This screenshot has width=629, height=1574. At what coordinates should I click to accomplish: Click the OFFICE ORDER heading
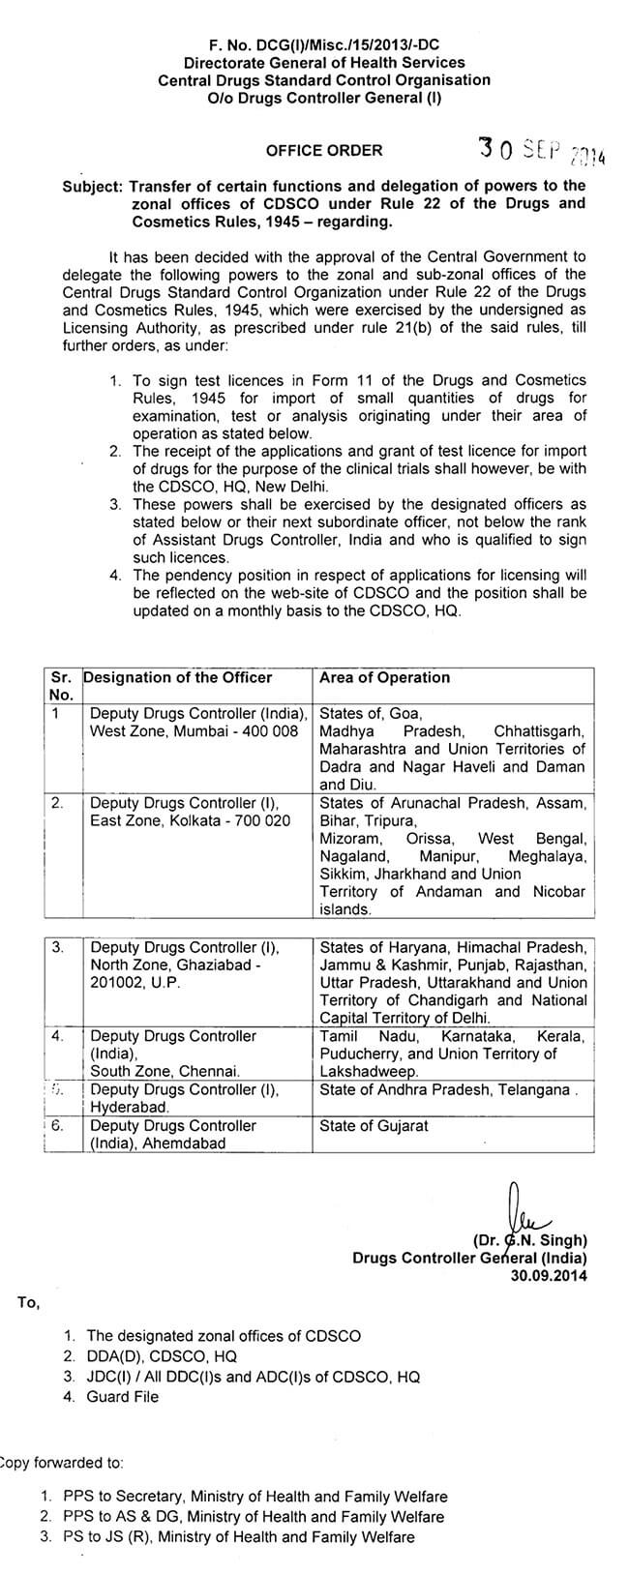click(x=324, y=150)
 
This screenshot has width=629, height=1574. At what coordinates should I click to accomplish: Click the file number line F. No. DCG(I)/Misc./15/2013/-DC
click(x=324, y=45)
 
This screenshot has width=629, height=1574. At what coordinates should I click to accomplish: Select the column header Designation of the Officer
click(x=178, y=677)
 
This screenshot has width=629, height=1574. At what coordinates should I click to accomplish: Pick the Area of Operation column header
click(x=384, y=677)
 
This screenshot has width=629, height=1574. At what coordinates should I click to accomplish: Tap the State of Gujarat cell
click(x=374, y=1125)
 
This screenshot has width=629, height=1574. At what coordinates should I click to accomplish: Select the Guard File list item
click(x=123, y=1396)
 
